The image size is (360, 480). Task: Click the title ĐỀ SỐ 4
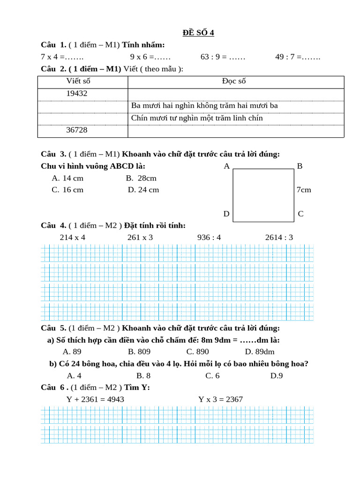click(x=198, y=32)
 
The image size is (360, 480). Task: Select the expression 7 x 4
click(x=49, y=57)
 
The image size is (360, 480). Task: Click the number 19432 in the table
click(x=77, y=93)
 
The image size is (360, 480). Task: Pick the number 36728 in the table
click(x=77, y=130)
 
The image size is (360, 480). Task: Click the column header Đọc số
click(x=234, y=81)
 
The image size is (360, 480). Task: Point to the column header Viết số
click(x=78, y=81)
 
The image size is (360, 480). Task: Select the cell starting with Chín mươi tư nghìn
click(x=197, y=118)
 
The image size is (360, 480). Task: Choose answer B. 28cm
click(x=141, y=178)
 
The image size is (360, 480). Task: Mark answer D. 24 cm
click(x=143, y=190)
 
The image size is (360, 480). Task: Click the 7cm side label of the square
click(x=304, y=190)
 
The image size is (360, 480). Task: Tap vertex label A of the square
click(x=226, y=166)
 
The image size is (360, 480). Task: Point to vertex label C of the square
click(x=300, y=214)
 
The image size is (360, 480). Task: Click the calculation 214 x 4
click(x=73, y=237)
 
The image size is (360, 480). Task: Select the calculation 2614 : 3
click(x=279, y=237)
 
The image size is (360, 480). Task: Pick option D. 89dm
click(x=260, y=352)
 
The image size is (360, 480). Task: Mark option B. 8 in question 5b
click(x=143, y=375)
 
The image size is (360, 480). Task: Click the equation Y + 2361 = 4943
click(x=95, y=399)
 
